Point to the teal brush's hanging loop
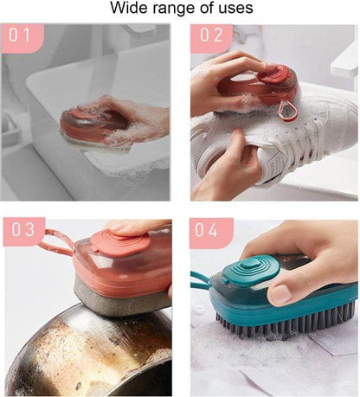click(202, 279)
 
